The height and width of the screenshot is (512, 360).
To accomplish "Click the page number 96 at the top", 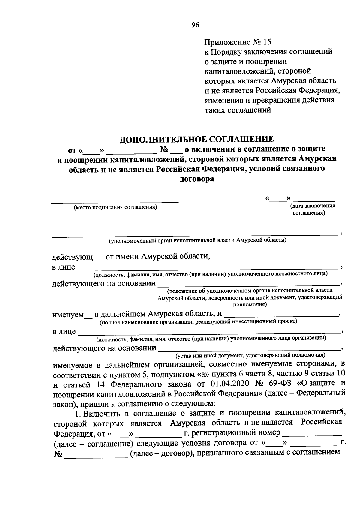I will (195, 25).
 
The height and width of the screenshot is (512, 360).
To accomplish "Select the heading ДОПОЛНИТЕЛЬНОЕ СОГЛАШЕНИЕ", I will (197, 139).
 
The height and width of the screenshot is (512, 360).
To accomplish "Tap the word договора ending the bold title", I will (197, 179).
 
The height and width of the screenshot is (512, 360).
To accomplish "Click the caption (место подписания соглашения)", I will (116, 207).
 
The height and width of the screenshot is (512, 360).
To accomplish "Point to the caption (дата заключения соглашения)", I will (312, 209).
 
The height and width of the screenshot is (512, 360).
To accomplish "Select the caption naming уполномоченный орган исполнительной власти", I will (197, 240).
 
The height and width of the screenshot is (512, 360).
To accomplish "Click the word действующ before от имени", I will (72, 257).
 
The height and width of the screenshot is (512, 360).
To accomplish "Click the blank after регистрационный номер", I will (312, 434).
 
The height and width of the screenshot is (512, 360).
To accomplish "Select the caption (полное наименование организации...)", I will (198, 322).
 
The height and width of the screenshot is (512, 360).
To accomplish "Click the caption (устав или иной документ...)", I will (250, 355).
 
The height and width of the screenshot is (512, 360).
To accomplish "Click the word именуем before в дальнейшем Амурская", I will (68, 315).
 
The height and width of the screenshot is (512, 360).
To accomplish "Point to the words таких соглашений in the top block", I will (238, 110).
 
